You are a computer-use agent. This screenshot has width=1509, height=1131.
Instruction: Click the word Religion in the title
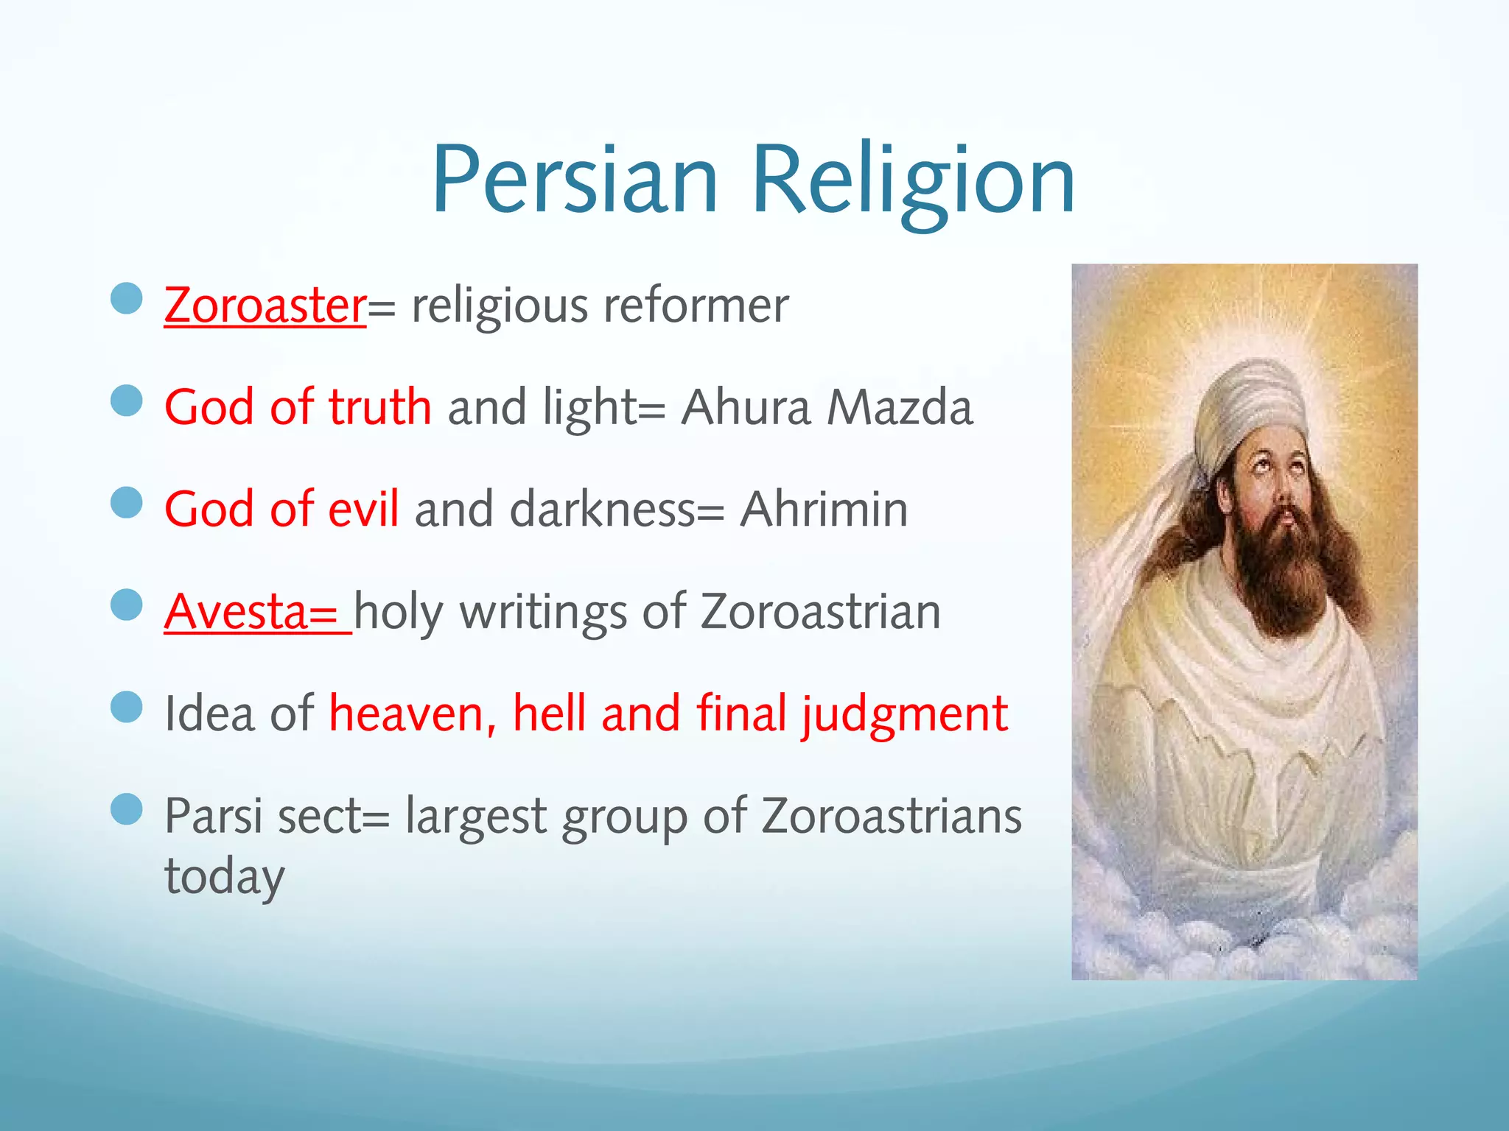[914, 180]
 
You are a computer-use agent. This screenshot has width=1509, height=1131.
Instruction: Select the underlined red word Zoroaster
[265, 306]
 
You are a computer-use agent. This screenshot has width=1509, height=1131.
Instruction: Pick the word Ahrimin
[824, 510]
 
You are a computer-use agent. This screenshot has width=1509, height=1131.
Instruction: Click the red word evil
[363, 510]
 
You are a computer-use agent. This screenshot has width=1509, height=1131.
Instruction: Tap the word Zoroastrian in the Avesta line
[820, 612]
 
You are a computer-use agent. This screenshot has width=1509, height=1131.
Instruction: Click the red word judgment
[905, 714]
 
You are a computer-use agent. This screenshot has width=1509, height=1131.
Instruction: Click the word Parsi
[213, 817]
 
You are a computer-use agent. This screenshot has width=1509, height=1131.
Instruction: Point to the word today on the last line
[224, 876]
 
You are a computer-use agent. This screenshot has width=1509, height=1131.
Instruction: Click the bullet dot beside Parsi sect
[127, 809]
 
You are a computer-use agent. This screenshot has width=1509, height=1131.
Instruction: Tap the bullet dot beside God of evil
[127, 503]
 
